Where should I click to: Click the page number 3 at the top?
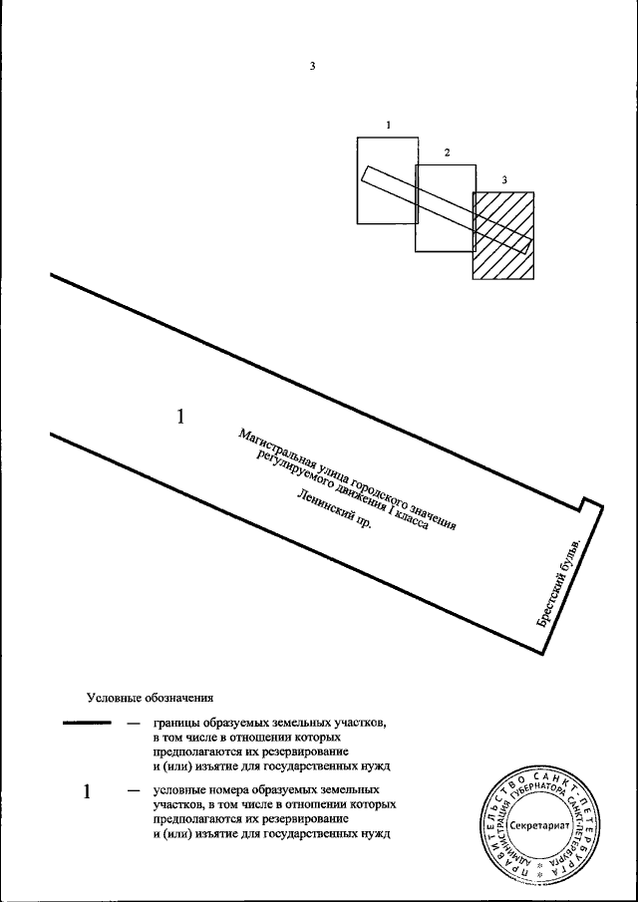312,67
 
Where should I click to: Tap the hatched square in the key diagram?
503,235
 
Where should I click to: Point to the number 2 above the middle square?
447,152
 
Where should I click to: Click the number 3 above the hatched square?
504,179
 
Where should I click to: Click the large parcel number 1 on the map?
180,417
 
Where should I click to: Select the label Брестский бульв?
564,581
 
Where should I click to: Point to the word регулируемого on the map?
292,473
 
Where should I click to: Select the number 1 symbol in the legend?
88,792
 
